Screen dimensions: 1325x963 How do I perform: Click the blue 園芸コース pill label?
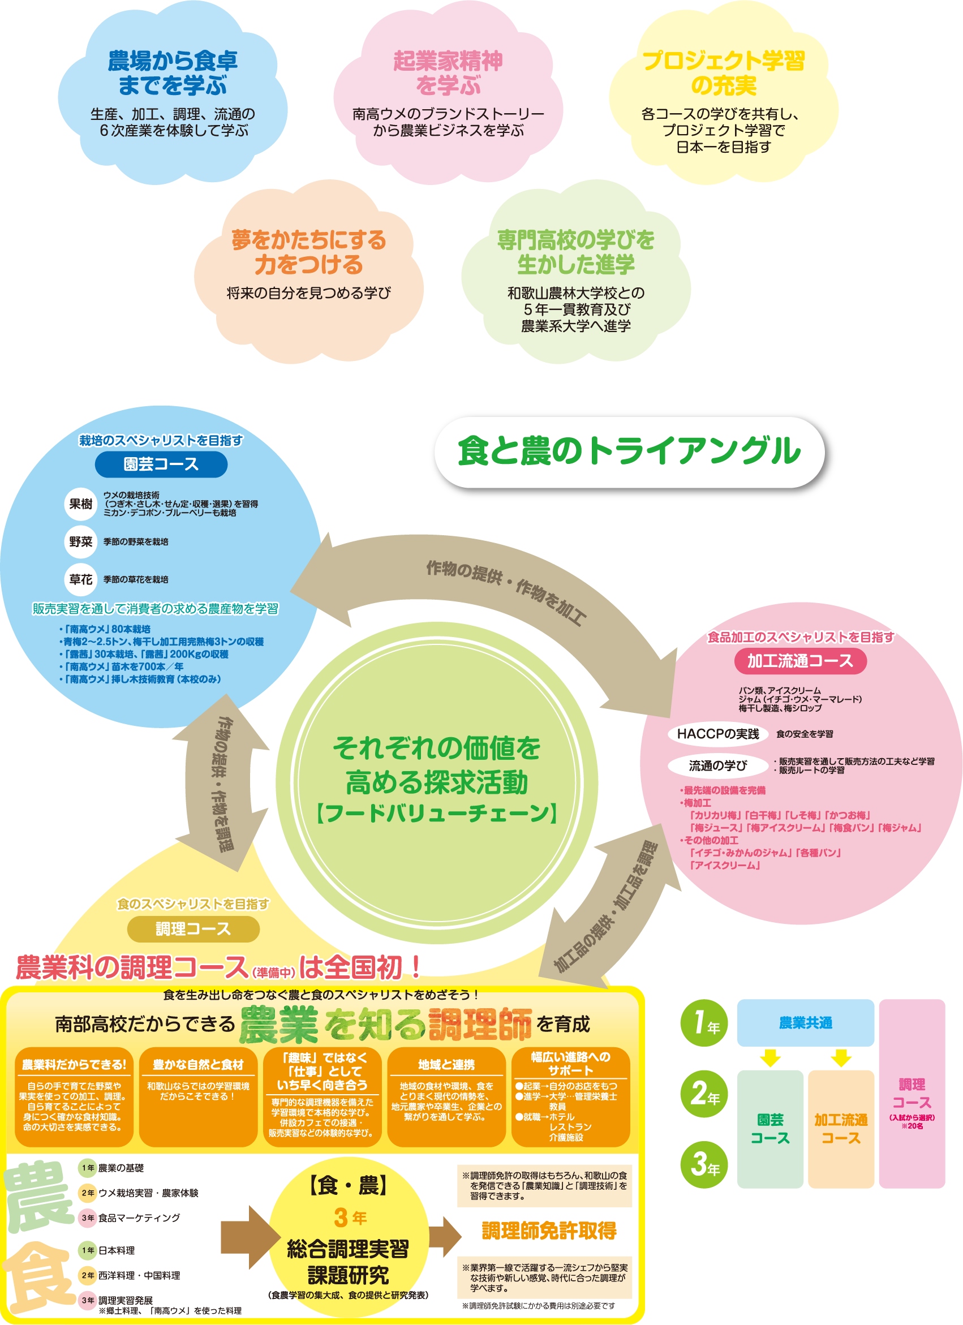(x=161, y=464)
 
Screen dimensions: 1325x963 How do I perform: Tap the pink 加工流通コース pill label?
(x=800, y=661)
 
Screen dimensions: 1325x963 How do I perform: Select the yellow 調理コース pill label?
(x=193, y=929)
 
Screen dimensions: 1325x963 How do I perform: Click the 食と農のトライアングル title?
(x=629, y=451)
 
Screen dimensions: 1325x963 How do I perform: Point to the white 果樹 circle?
(x=81, y=504)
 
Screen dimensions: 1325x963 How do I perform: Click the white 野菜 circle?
(x=81, y=541)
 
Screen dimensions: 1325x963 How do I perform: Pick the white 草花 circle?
(x=81, y=579)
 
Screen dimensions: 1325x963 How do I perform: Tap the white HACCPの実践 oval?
(x=717, y=734)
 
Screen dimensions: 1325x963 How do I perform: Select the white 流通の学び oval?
(x=717, y=765)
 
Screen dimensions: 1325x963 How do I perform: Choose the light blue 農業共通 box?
(x=805, y=1023)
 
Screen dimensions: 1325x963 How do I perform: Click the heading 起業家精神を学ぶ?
(x=448, y=73)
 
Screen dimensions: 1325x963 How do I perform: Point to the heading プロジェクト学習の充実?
(x=724, y=73)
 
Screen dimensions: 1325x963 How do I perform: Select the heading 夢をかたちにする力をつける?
(x=308, y=252)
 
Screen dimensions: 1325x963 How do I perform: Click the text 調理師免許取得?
(x=549, y=1231)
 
